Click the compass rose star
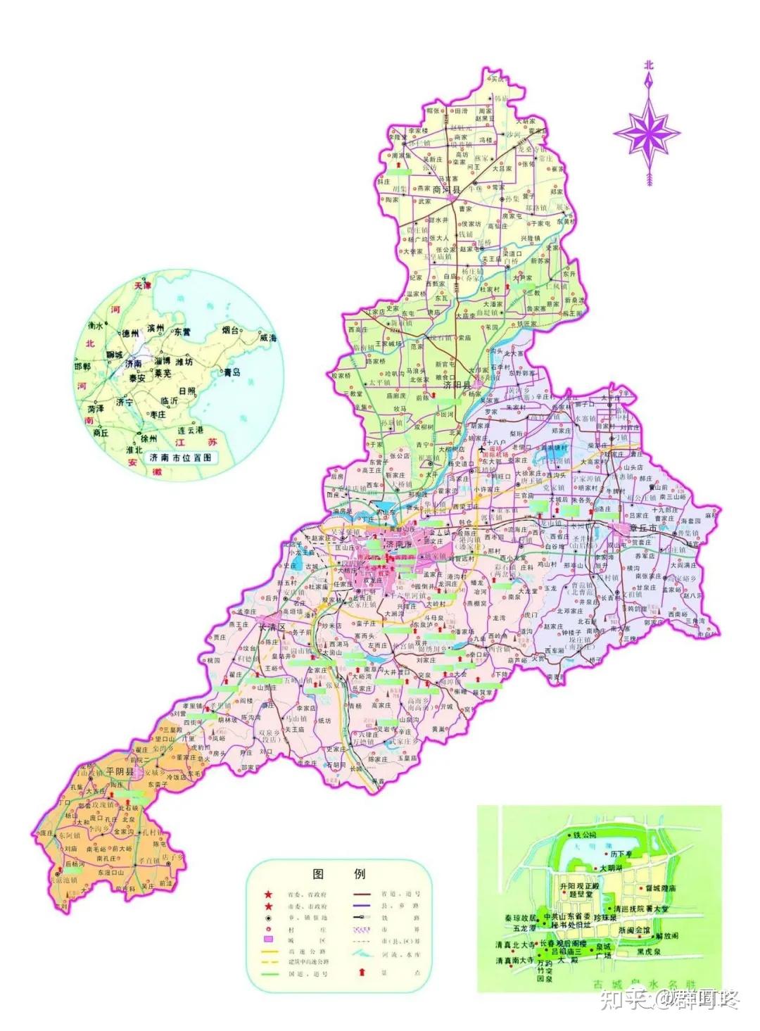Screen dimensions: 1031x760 (646, 131)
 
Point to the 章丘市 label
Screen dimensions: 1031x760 (642, 528)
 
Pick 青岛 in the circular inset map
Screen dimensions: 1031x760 (232, 372)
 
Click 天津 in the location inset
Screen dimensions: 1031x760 (142, 286)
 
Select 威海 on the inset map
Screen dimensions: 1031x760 (267, 339)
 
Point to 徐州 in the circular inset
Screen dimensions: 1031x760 (148, 438)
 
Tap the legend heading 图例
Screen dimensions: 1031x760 (338, 874)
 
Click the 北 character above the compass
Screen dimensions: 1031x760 (647, 65)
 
